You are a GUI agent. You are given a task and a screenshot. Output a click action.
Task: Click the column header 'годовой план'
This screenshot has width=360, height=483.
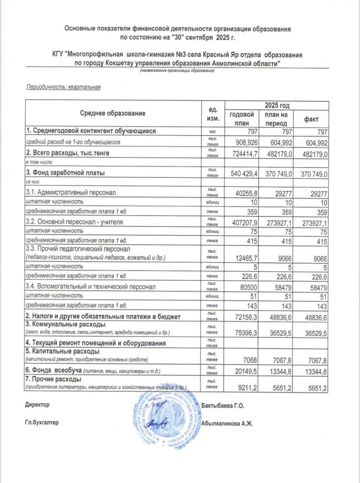[x=241, y=118]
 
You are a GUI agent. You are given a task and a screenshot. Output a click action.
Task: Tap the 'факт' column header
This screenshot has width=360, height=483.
[x=311, y=119]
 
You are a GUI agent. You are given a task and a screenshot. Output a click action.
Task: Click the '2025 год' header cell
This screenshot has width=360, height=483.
[x=276, y=105]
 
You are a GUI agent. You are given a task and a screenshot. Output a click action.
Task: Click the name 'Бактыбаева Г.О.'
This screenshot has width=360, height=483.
[x=224, y=406]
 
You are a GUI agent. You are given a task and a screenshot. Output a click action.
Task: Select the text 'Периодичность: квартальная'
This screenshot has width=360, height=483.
[x=63, y=87]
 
